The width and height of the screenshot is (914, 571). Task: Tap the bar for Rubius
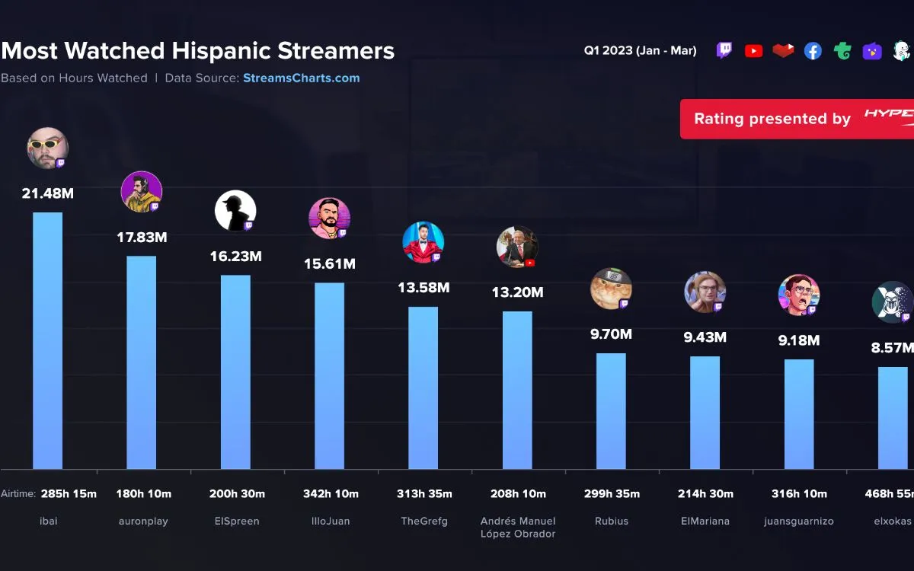[611, 411]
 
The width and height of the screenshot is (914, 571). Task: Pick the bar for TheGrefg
[423, 388]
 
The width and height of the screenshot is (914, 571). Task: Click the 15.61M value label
[330, 264]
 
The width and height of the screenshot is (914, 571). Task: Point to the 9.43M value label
[705, 337]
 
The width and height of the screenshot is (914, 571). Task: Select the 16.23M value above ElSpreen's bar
[235, 257]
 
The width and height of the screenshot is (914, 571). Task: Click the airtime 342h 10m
[330, 493]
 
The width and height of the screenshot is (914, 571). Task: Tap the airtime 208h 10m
[518, 493]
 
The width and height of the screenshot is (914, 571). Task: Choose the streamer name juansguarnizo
[799, 522]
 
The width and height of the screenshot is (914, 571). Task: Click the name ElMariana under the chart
[705, 522]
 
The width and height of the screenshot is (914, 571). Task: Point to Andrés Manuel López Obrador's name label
[518, 527]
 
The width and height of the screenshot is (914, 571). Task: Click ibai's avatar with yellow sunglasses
[48, 148]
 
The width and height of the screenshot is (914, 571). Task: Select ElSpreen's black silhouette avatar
[235, 211]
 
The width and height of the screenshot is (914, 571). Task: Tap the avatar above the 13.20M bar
[517, 247]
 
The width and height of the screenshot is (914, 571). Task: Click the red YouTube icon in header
[753, 51]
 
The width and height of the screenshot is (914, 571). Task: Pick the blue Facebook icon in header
[813, 51]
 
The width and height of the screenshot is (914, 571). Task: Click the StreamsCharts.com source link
[302, 78]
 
